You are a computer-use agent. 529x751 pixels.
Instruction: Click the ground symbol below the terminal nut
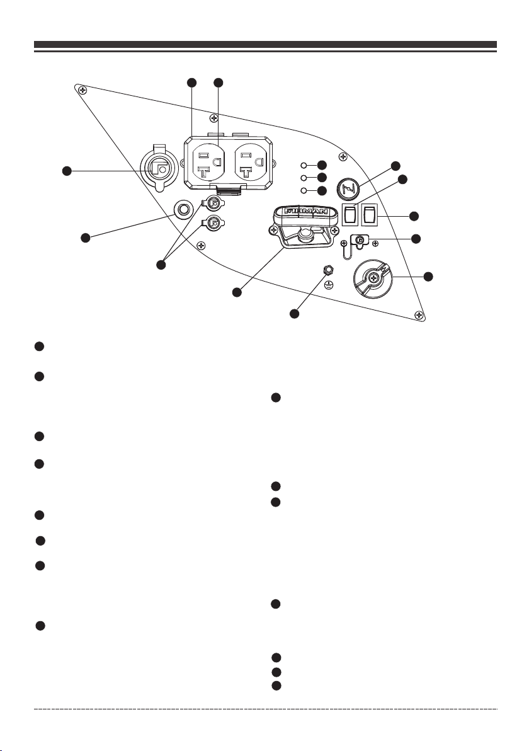tap(328, 285)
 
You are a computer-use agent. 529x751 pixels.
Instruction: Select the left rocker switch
tap(350, 214)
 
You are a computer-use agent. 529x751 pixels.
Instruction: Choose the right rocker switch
tap(371, 214)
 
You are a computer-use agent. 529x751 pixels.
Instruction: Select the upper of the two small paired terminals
tap(213, 204)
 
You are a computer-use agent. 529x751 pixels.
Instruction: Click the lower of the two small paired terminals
tap(213, 222)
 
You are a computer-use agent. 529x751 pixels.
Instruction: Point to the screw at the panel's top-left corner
tap(82, 91)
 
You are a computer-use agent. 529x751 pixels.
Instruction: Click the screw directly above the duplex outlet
tap(214, 118)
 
